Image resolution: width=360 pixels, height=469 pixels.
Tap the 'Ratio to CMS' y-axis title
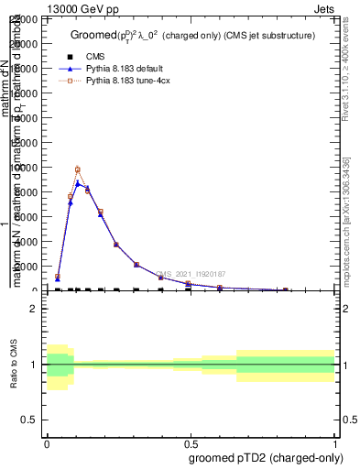tap(16, 365)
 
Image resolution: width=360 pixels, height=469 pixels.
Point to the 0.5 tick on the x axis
tap(191, 443)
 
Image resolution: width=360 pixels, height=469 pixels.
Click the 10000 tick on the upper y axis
tap(27, 168)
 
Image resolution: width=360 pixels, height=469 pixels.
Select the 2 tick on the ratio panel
tap(34, 309)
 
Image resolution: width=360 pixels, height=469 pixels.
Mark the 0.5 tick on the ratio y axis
tap(30, 420)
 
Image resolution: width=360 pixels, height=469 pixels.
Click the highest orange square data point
tap(78, 169)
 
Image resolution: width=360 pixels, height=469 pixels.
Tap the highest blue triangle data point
tap(78, 183)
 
